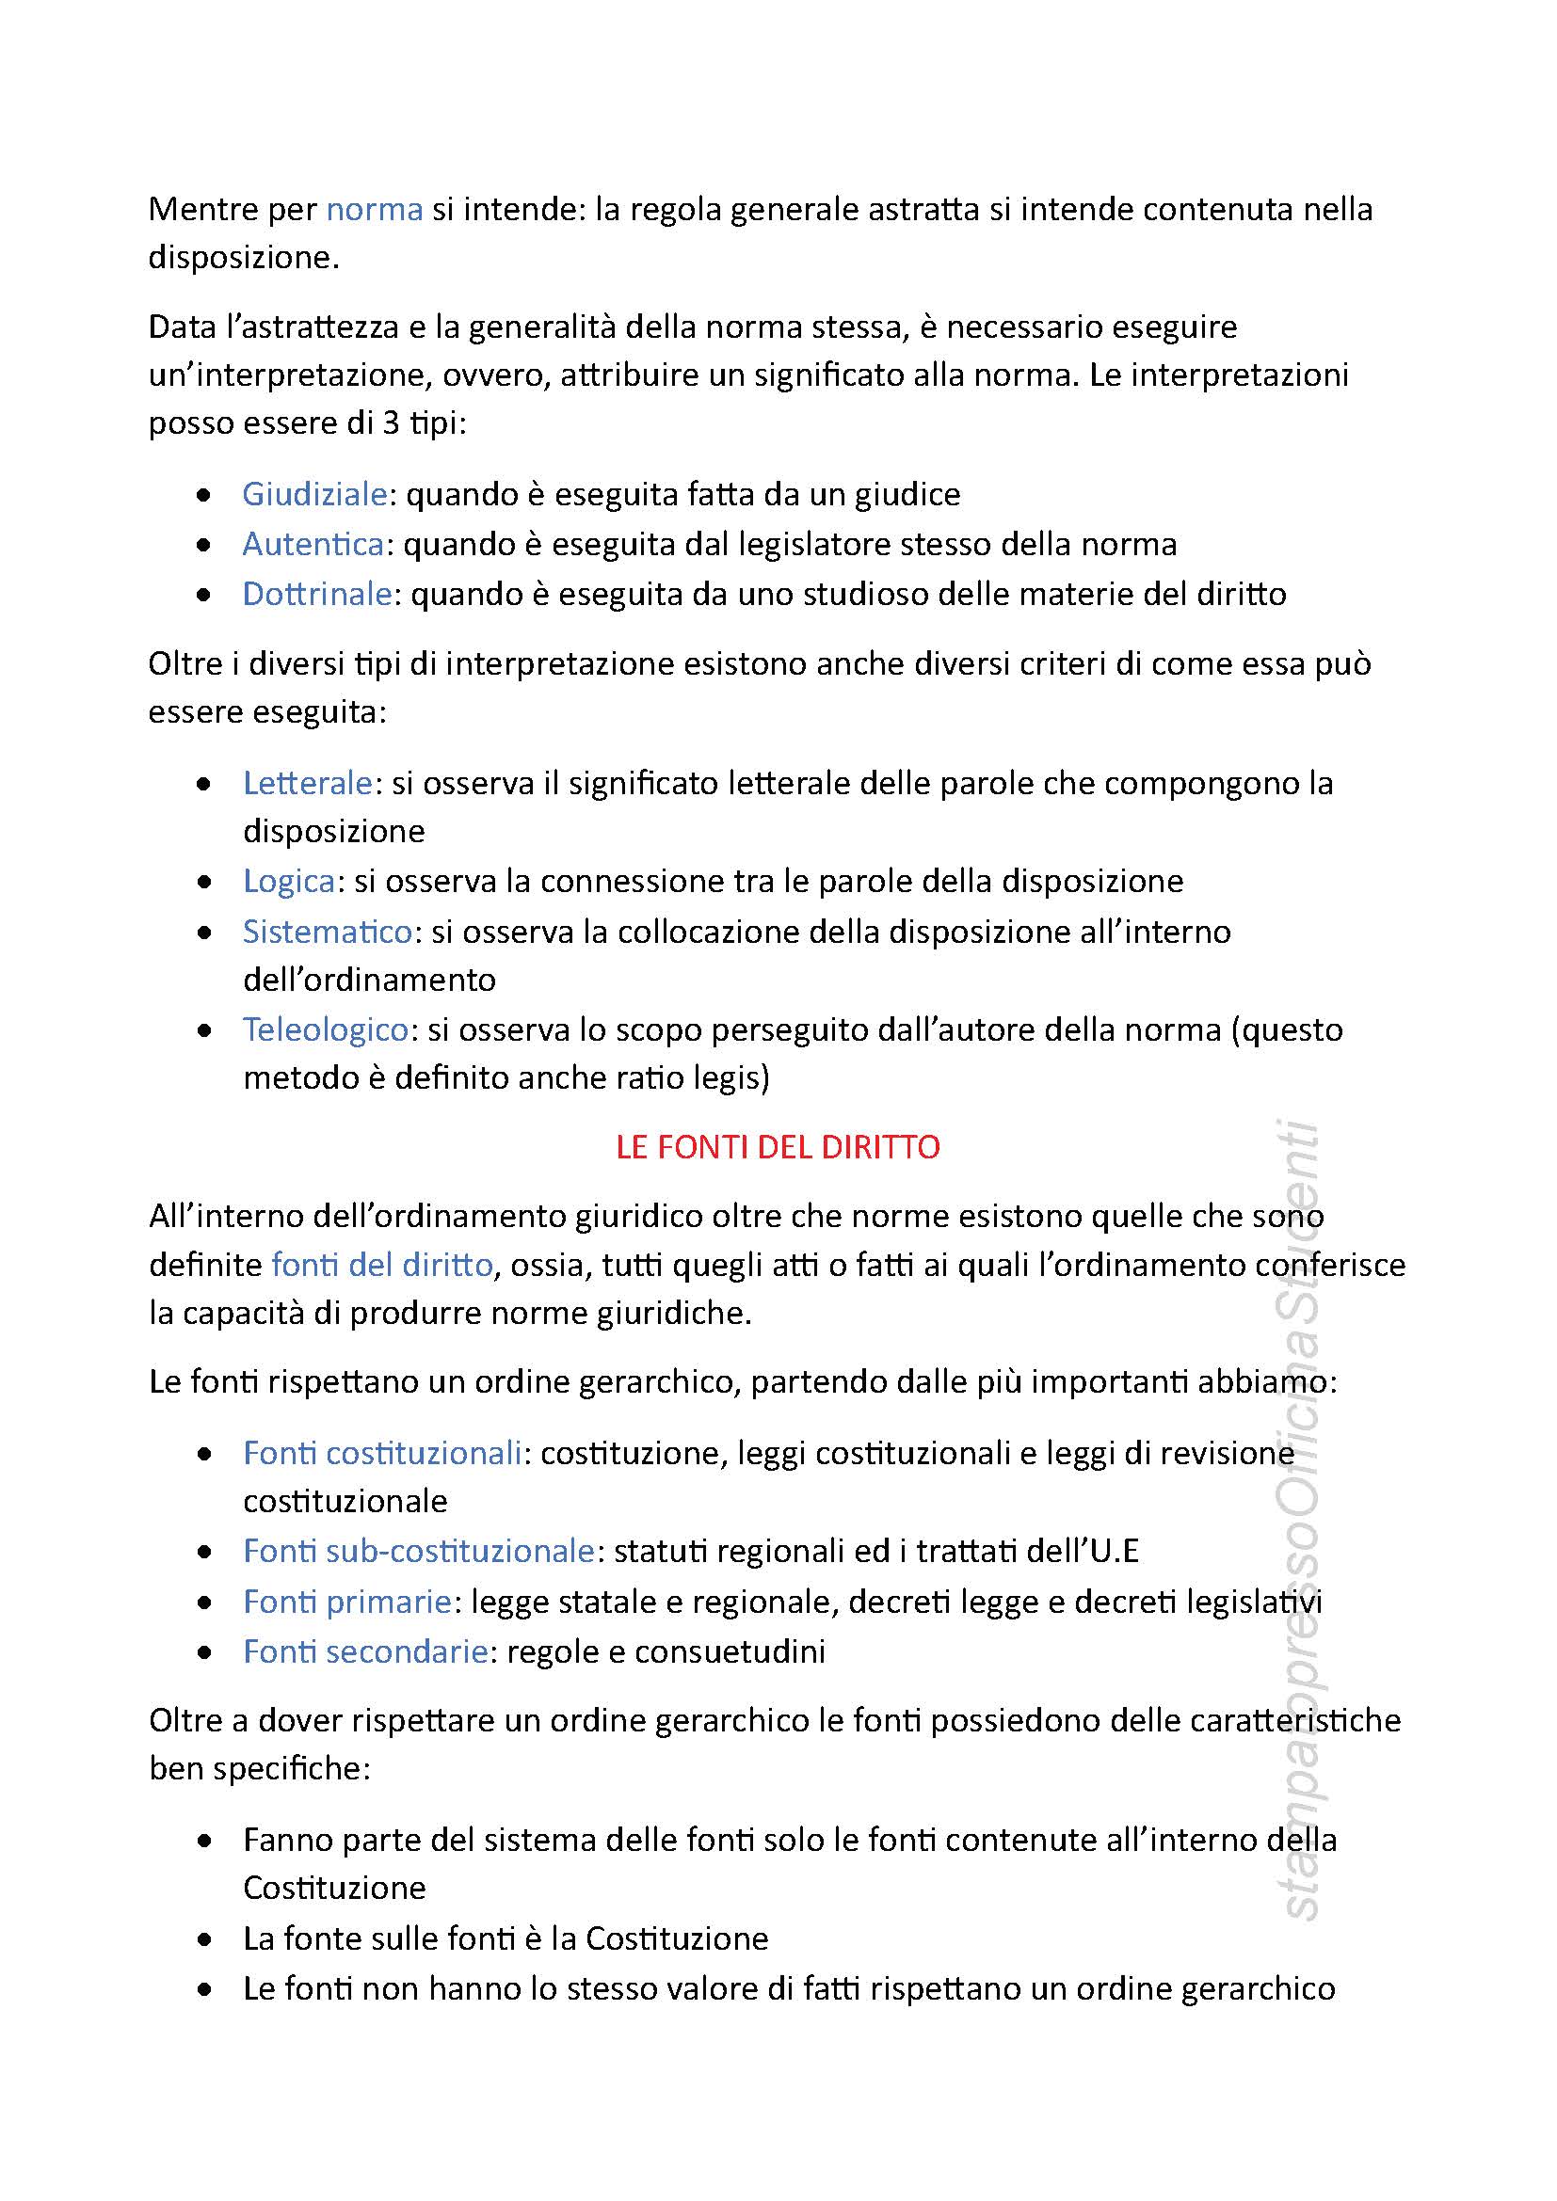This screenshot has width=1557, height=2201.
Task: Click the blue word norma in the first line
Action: coord(374,209)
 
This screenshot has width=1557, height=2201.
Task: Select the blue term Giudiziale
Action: coord(313,494)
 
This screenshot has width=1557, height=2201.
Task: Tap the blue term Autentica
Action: coord(313,544)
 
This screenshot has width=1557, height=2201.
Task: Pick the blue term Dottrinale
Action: coord(316,594)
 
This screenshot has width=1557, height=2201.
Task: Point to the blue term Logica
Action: coord(289,880)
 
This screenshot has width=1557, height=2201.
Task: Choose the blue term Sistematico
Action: coord(327,931)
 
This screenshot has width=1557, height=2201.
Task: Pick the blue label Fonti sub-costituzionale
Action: coord(418,1550)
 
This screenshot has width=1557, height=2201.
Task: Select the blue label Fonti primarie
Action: coord(347,1601)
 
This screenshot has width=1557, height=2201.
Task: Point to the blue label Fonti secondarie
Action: coord(365,1651)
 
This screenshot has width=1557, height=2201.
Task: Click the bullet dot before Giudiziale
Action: coord(203,496)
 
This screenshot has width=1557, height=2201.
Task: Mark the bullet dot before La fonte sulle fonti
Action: coord(203,1940)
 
